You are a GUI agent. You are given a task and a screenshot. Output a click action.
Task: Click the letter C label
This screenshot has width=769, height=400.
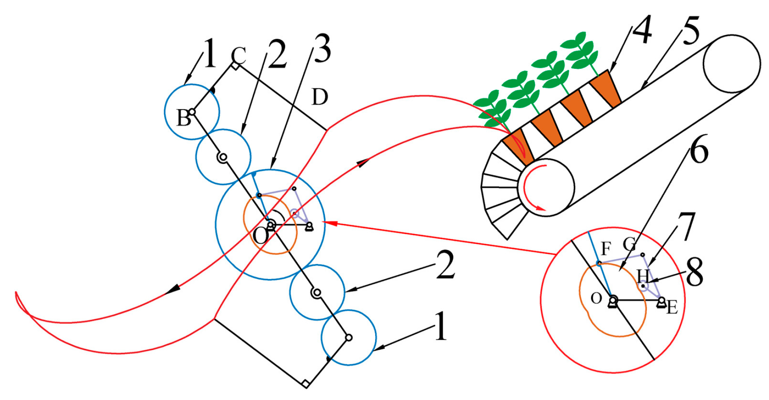pyautogui.click(x=239, y=56)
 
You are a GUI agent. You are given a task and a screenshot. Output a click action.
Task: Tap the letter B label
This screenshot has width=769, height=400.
pyautogui.click(x=183, y=118)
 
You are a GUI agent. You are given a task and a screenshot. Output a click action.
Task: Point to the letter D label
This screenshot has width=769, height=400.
pyautogui.click(x=320, y=97)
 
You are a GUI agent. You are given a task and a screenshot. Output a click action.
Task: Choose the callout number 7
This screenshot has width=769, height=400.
pyautogui.click(x=686, y=227)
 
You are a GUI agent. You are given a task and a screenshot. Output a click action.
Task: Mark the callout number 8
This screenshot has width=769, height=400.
pyautogui.click(x=694, y=272)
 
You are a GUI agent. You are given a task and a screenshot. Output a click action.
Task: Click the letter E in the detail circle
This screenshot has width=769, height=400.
pyautogui.click(x=672, y=307)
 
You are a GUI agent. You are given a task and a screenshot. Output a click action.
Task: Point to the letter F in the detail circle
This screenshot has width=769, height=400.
pyautogui.click(x=606, y=249)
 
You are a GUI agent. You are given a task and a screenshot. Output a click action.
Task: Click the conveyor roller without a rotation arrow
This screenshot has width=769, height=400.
pyautogui.click(x=731, y=64)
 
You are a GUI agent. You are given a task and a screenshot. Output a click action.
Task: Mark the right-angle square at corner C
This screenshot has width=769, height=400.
pyautogui.click(x=236, y=66)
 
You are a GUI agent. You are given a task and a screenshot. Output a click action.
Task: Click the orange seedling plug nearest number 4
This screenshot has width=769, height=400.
pyautogui.click(x=605, y=91)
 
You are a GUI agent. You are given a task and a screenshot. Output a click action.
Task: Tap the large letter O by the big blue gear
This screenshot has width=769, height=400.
pyautogui.click(x=260, y=236)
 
